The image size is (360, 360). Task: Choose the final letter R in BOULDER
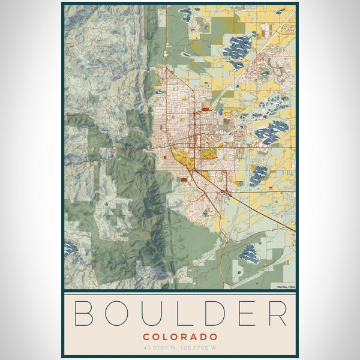pyautogui.click(x=277, y=314)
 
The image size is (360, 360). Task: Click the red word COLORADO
pyautogui.click(x=180, y=337)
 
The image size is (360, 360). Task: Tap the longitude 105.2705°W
pyautogui.click(x=200, y=348)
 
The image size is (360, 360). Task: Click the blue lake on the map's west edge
pyautogui.click(x=70, y=247)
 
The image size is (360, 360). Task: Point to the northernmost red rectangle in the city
pyautogui.click(x=206, y=110)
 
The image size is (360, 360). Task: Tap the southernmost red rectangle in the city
pyautogui.click(x=183, y=179)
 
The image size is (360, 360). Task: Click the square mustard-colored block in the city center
pyautogui.click(x=208, y=154)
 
